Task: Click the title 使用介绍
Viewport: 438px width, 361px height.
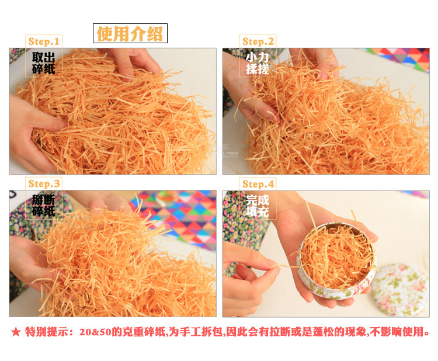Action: point(130,33)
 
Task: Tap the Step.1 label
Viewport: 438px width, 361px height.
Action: point(44,41)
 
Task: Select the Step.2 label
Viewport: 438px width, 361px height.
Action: point(258,41)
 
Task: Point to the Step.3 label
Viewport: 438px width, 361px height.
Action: point(44,184)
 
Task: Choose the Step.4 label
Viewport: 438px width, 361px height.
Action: point(258,184)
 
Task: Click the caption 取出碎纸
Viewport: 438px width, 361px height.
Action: point(43,64)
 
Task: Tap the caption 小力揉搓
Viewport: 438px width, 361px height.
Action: point(258,64)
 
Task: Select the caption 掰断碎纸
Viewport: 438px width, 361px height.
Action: point(43,206)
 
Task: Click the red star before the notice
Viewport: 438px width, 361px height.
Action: point(16,332)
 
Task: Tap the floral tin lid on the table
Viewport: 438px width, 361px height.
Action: point(400,289)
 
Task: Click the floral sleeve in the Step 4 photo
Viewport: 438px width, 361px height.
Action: point(244,224)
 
